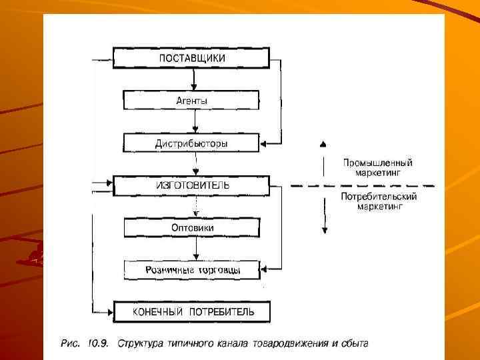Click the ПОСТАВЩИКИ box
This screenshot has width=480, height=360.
(x=191, y=58)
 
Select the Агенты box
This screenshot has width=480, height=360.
(x=191, y=101)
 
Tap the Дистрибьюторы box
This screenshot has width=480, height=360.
(x=191, y=143)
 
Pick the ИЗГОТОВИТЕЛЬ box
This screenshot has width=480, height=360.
(x=191, y=185)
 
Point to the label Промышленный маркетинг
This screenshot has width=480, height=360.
(x=377, y=167)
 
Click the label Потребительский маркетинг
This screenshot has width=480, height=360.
(x=377, y=201)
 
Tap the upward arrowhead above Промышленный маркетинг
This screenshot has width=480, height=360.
(x=323, y=144)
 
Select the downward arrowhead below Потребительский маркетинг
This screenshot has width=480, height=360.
(x=323, y=230)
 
